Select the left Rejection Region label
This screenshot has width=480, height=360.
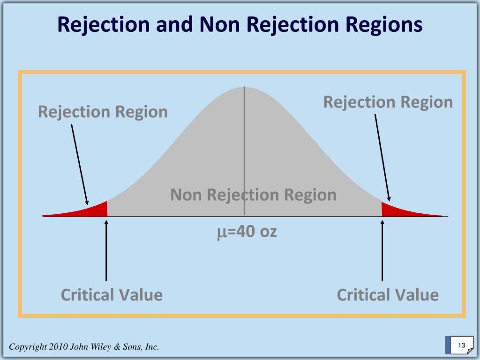click(x=103, y=112)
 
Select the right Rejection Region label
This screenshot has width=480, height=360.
click(x=388, y=102)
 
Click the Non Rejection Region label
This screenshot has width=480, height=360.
click(x=254, y=195)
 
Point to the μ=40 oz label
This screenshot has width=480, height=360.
click(x=247, y=232)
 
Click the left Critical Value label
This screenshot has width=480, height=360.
click(x=112, y=295)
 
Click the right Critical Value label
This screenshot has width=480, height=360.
click(x=388, y=295)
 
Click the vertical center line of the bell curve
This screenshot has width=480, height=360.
click(x=244, y=151)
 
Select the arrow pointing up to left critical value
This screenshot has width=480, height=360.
click(x=106, y=250)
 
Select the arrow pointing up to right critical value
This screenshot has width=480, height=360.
click(x=382, y=250)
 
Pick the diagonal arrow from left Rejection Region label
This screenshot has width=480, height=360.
click(x=80, y=165)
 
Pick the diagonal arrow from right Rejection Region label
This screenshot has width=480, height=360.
click(x=382, y=157)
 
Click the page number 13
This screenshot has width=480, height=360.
click(x=461, y=345)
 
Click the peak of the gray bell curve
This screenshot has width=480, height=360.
click(x=244, y=88)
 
